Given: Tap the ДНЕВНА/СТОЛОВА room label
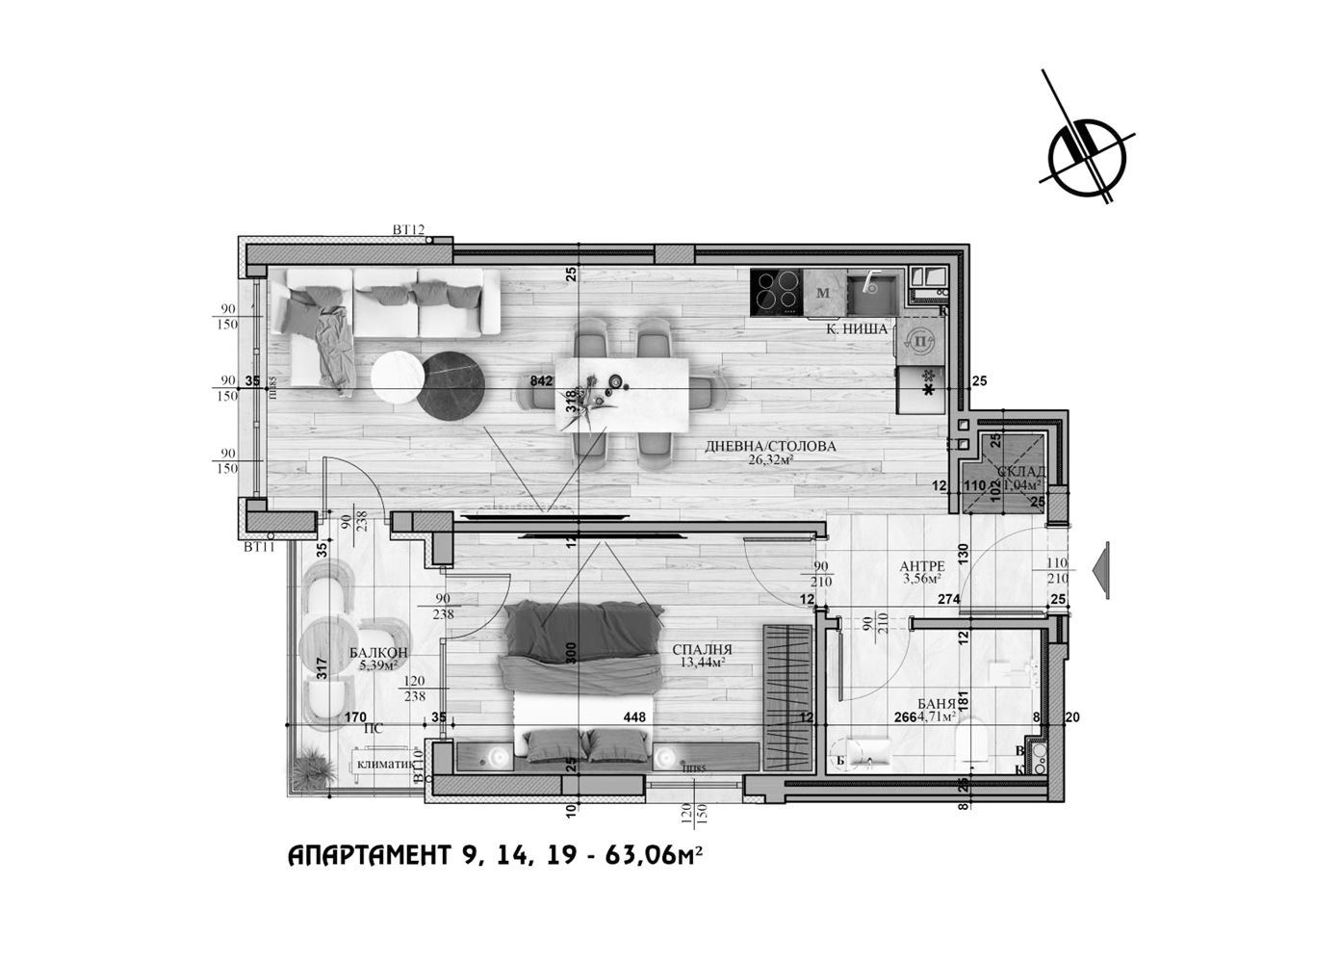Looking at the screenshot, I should [x=770, y=446].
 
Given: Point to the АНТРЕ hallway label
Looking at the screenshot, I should [x=922, y=566].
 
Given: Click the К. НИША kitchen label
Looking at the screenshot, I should [x=857, y=328].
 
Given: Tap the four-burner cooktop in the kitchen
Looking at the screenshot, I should [x=777, y=291].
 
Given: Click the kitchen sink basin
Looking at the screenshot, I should [x=872, y=292].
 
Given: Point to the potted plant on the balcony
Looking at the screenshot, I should [x=311, y=767].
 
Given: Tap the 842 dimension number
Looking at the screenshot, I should [x=541, y=380].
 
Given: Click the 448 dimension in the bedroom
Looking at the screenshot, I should [x=633, y=716].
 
